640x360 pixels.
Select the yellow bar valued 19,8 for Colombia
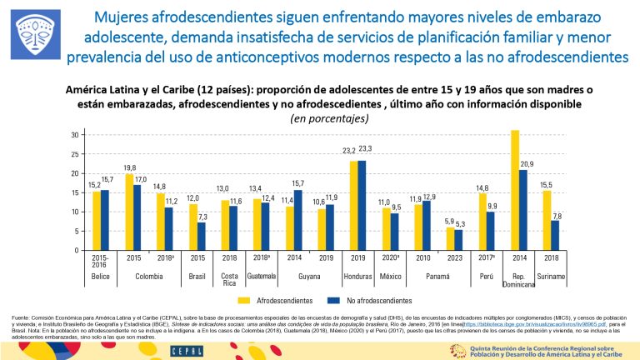(x=129, y=212)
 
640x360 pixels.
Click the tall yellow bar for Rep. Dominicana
(x=514, y=190)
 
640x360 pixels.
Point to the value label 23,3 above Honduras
(x=367, y=147)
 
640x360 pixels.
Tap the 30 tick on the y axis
(x=75, y=135)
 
